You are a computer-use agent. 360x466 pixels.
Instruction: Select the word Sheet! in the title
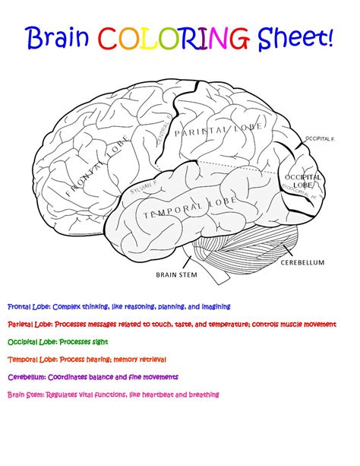coord(295,37)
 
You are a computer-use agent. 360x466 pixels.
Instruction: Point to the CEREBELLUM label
coord(302,262)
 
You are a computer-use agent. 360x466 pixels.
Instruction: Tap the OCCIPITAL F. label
coord(319,139)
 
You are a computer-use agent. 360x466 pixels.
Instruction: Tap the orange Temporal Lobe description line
coord(87,359)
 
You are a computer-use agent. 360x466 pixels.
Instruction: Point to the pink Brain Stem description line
coord(113,395)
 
